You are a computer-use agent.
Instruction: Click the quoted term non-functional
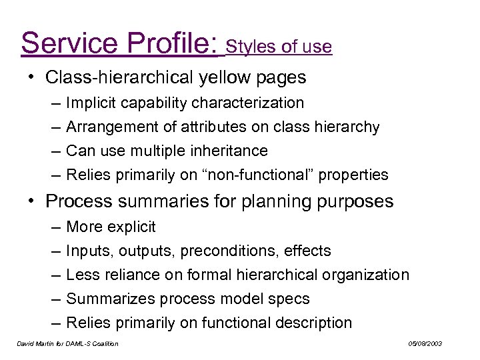262,175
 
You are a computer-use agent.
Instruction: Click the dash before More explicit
53,227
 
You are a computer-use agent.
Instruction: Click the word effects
307,251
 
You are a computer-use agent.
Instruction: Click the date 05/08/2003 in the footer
425,344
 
